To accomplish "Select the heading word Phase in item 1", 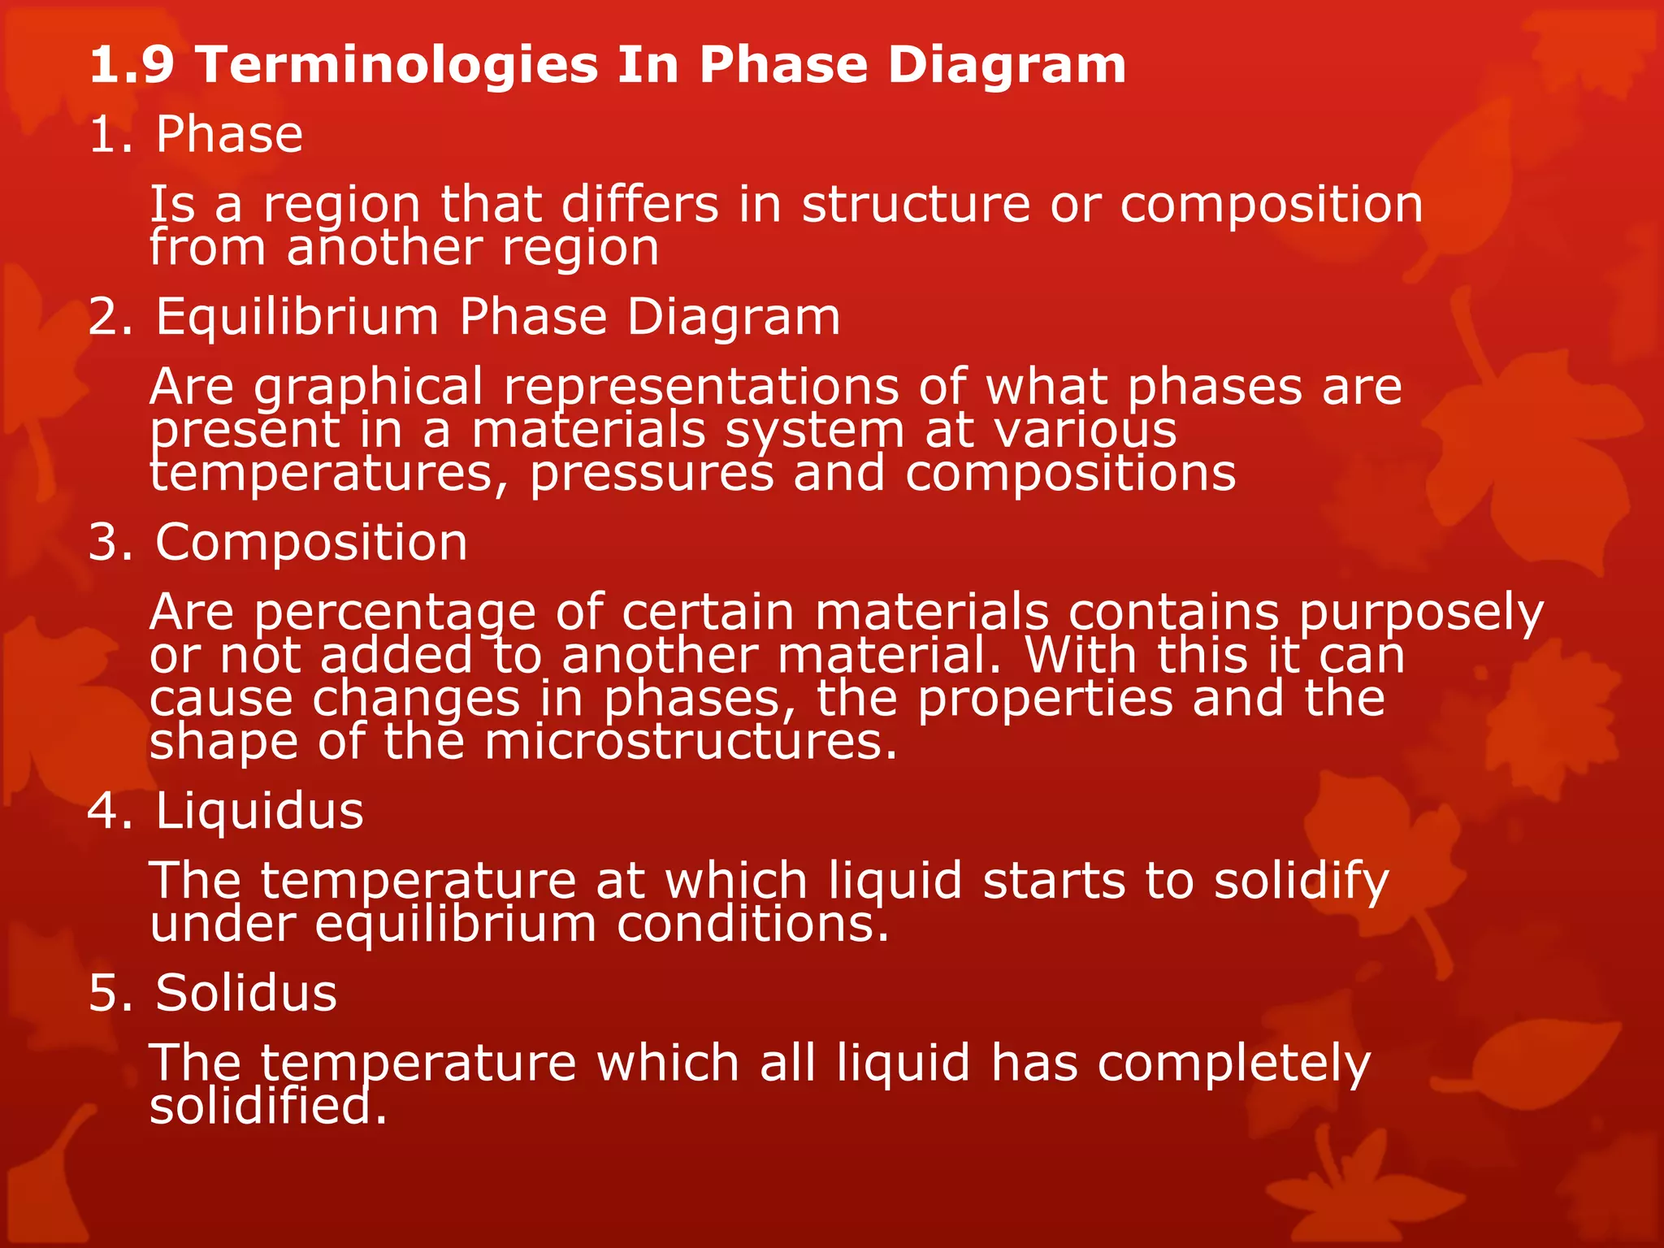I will point(229,134).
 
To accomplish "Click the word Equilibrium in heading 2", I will point(297,317).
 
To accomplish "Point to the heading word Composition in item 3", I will point(311,542).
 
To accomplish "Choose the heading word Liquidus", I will point(259,811).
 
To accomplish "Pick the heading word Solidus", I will point(245,993).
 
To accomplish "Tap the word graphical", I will point(368,387).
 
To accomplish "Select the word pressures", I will point(652,474).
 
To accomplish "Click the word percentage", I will point(395,613).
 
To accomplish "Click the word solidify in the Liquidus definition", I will point(1301,882).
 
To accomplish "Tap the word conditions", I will point(752,925).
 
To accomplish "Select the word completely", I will point(1233,1064).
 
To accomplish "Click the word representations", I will point(701,387).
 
